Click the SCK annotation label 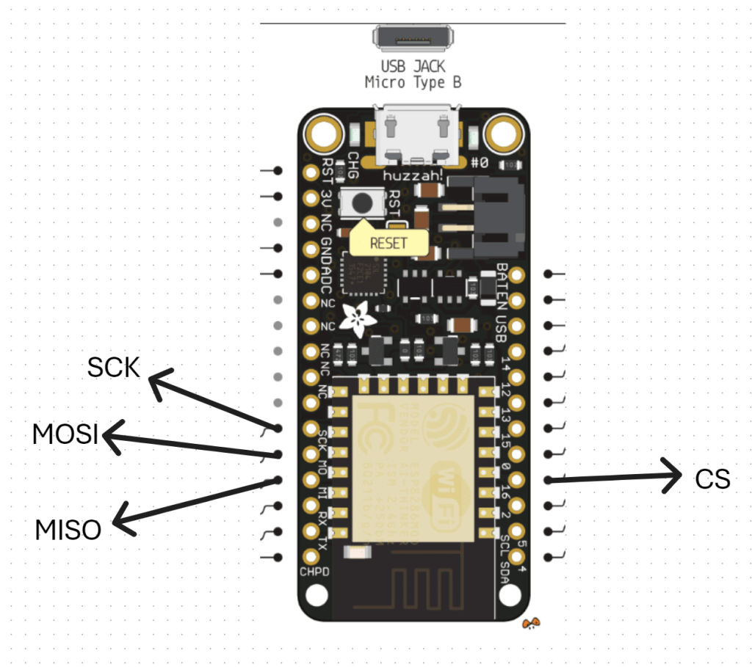click(x=113, y=367)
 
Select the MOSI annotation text click(x=65, y=434)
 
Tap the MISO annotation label click(x=68, y=529)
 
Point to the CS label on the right click(x=712, y=479)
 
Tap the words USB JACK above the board click(x=413, y=67)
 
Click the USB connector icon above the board click(x=413, y=37)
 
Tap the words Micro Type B click(x=413, y=82)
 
